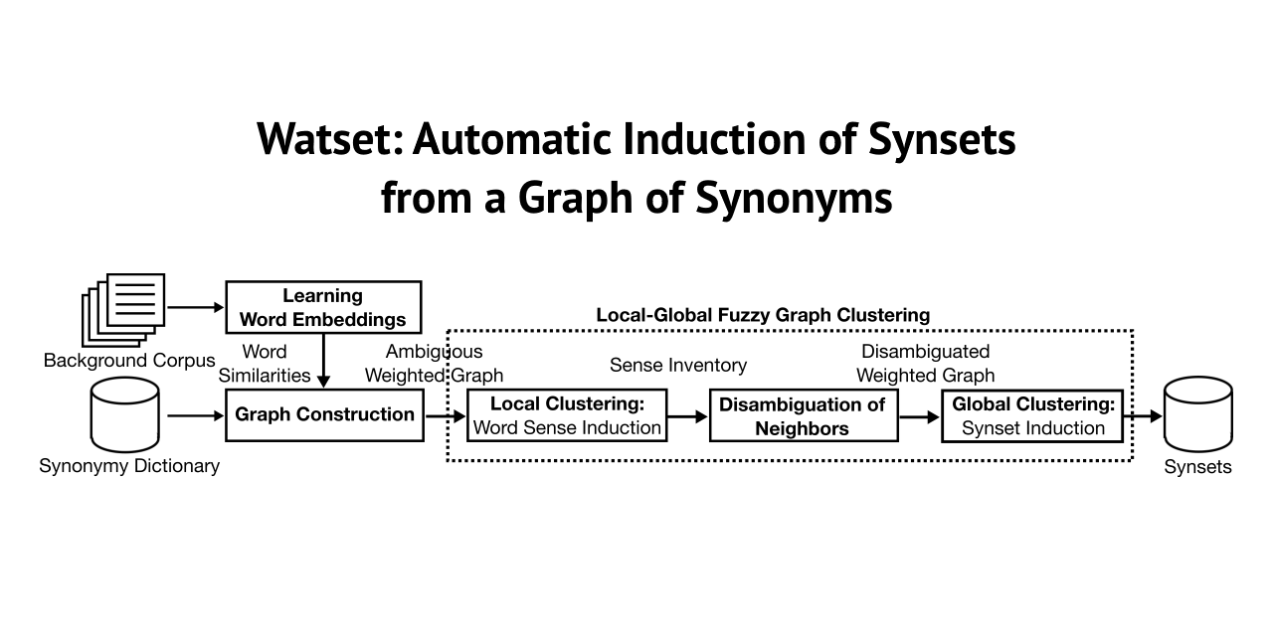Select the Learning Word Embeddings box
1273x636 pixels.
click(x=323, y=307)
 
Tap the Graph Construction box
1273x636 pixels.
click(x=325, y=414)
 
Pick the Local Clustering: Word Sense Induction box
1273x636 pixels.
click(x=567, y=415)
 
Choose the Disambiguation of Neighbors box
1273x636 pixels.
click(x=803, y=415)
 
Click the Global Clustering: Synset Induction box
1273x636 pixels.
click(x=1032, y=415)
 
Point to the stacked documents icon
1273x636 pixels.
click(x=122, y=309)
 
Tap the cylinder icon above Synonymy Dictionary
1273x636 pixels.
click(x=125, y=415)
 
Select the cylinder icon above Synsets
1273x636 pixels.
click(x=1198, y=415)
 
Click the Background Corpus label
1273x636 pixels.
click(x=129, y=360)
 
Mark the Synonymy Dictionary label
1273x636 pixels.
click(x=129, y=465)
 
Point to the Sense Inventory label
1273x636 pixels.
click(x=678, y=365)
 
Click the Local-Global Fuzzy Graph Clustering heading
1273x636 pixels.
click(x=763, y=315)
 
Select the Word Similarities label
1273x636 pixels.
click(x=265, y=363)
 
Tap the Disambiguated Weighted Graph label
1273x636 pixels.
click(x=926, y=363)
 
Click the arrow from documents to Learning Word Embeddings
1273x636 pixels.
click(x=196, y=307)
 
